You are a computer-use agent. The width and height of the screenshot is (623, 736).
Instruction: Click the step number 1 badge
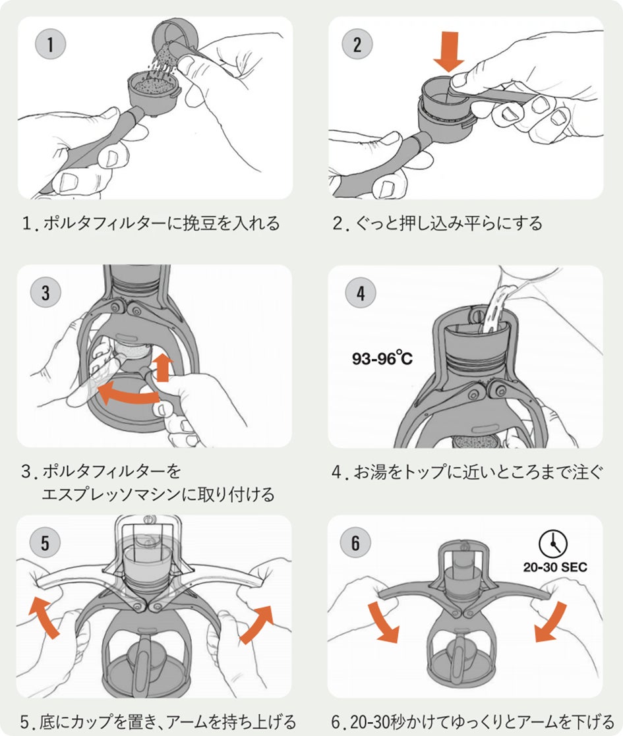point(50,45)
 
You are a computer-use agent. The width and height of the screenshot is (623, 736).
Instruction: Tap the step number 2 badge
point(357,45)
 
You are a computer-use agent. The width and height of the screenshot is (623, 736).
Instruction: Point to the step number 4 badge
point(360,293)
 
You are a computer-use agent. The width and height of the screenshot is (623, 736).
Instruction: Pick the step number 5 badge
point(45,543)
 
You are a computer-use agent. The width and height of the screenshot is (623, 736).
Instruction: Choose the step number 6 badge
point(356,543)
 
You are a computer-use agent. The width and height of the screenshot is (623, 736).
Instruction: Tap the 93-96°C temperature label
point(382,359)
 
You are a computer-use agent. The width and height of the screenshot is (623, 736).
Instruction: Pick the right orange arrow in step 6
point(550,621)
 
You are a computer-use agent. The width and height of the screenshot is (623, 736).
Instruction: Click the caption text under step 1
point(151,223)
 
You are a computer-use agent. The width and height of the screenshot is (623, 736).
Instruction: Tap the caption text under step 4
point(467,472)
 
